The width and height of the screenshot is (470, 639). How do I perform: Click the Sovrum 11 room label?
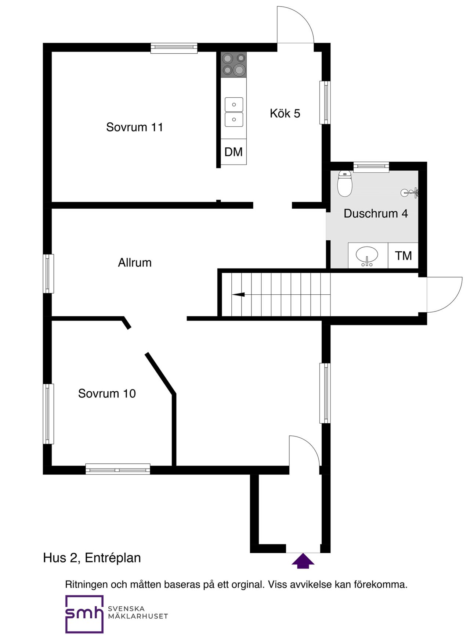click(134, 127)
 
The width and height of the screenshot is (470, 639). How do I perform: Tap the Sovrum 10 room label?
click(107, 394)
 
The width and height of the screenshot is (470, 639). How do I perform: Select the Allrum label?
click(135, 262)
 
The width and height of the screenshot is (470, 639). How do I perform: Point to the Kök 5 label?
click(285, 113)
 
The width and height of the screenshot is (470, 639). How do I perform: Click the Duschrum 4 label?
click(376, 213)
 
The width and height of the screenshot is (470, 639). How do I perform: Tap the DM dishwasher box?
click(234, 152)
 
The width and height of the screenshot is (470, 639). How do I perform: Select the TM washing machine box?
click(403, 255)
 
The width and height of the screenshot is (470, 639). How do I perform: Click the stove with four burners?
click(234, 65)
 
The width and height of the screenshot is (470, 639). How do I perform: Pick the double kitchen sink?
click(234, 112)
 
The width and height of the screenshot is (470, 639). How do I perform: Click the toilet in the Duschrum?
click(345, 183)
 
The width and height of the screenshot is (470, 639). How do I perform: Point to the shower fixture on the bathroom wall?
click(410, 192)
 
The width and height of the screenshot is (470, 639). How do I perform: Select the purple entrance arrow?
click(303, 561)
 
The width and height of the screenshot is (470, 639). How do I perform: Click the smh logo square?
click(84, 614)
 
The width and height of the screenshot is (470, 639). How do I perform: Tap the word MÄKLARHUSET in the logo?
click(138, 616)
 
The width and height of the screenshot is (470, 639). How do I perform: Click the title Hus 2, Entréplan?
click(92, 558)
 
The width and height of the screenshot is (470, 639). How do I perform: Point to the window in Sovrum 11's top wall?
click(174, 48)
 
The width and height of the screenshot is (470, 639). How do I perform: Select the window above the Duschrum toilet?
click(371, 167)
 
